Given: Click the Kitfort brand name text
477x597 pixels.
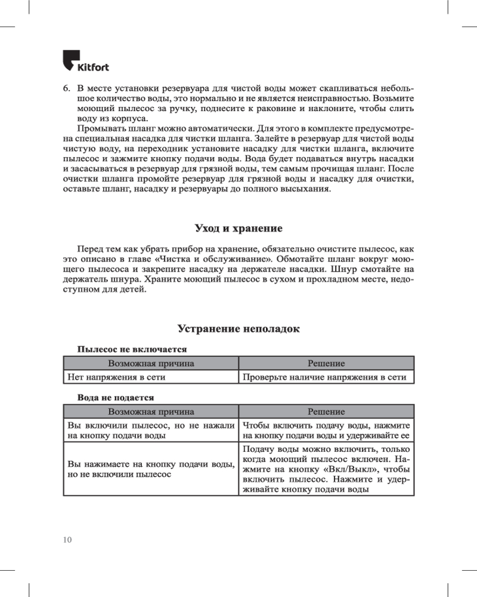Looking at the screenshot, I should click(x=93, y=66).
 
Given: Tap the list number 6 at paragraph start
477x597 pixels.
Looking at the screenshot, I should click(x=67, y=87).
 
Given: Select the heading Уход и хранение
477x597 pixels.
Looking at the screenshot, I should click(x=238, y=229).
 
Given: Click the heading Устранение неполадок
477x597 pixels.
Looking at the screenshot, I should click(x=238, y=329).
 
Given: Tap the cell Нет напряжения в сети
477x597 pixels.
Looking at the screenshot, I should click(x=116, y=377).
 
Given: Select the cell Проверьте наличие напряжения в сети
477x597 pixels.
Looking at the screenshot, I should click(x=325, y=377).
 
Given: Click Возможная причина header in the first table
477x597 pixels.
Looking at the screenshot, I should click(x=151, y=363).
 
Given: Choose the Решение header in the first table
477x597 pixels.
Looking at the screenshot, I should click(x=326, y=363).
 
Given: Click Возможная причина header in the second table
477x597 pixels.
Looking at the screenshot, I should click(x=151, y=411).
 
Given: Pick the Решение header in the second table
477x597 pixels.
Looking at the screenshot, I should click(x=326, y=411).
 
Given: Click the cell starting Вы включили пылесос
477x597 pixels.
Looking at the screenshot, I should click(x=151, y=430).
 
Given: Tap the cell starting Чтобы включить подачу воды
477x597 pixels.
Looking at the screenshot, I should click(x=326, y=430).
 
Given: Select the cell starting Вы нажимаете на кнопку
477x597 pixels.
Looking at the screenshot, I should click(x=151, y=469).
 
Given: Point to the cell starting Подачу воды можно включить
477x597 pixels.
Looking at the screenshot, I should click(x=326, y=469).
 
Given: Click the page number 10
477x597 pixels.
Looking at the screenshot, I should click(x=67, y=540).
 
